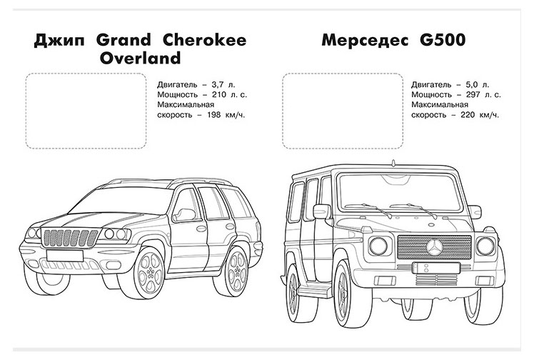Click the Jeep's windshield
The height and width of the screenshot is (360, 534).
click(131, 204)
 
